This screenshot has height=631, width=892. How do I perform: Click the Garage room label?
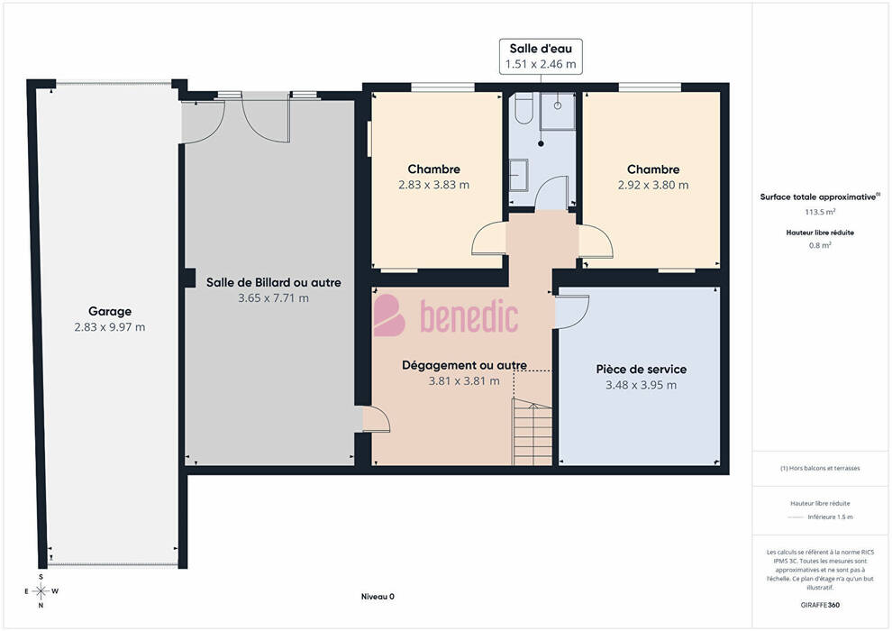pos(110,311)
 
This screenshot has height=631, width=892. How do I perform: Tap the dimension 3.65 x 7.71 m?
pos(273,298)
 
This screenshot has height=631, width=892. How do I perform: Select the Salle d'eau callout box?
pos(541,56)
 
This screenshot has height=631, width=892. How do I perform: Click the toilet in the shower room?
pos(523,108)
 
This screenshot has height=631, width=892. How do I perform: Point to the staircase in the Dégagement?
pos(532,432)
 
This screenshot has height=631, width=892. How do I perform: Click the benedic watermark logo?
pos(445,315)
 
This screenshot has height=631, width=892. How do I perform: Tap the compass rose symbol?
pos(41,591)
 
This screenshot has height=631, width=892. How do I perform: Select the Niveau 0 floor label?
pos(378,597)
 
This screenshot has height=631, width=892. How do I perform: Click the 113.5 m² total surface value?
pos(820,212)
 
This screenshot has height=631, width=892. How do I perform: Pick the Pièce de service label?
pos(642,370)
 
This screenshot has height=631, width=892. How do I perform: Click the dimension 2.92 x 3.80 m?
pos(653,185)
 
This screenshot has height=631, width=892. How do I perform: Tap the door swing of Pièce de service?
pos(572,311)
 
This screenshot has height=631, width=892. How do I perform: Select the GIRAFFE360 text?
pos(820,605)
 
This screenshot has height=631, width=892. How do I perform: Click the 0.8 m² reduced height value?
pos(820,245)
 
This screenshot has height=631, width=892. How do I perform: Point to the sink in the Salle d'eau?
pos(518,175)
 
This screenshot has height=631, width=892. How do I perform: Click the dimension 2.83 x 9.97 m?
pos(110,327)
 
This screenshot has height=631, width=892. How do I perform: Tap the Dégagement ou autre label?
pos(464,365)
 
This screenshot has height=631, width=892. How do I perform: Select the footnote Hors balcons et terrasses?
pos(820,468)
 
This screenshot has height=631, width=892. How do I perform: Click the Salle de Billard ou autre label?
pos(274,282)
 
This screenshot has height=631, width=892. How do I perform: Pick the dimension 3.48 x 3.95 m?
pos(642,385)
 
